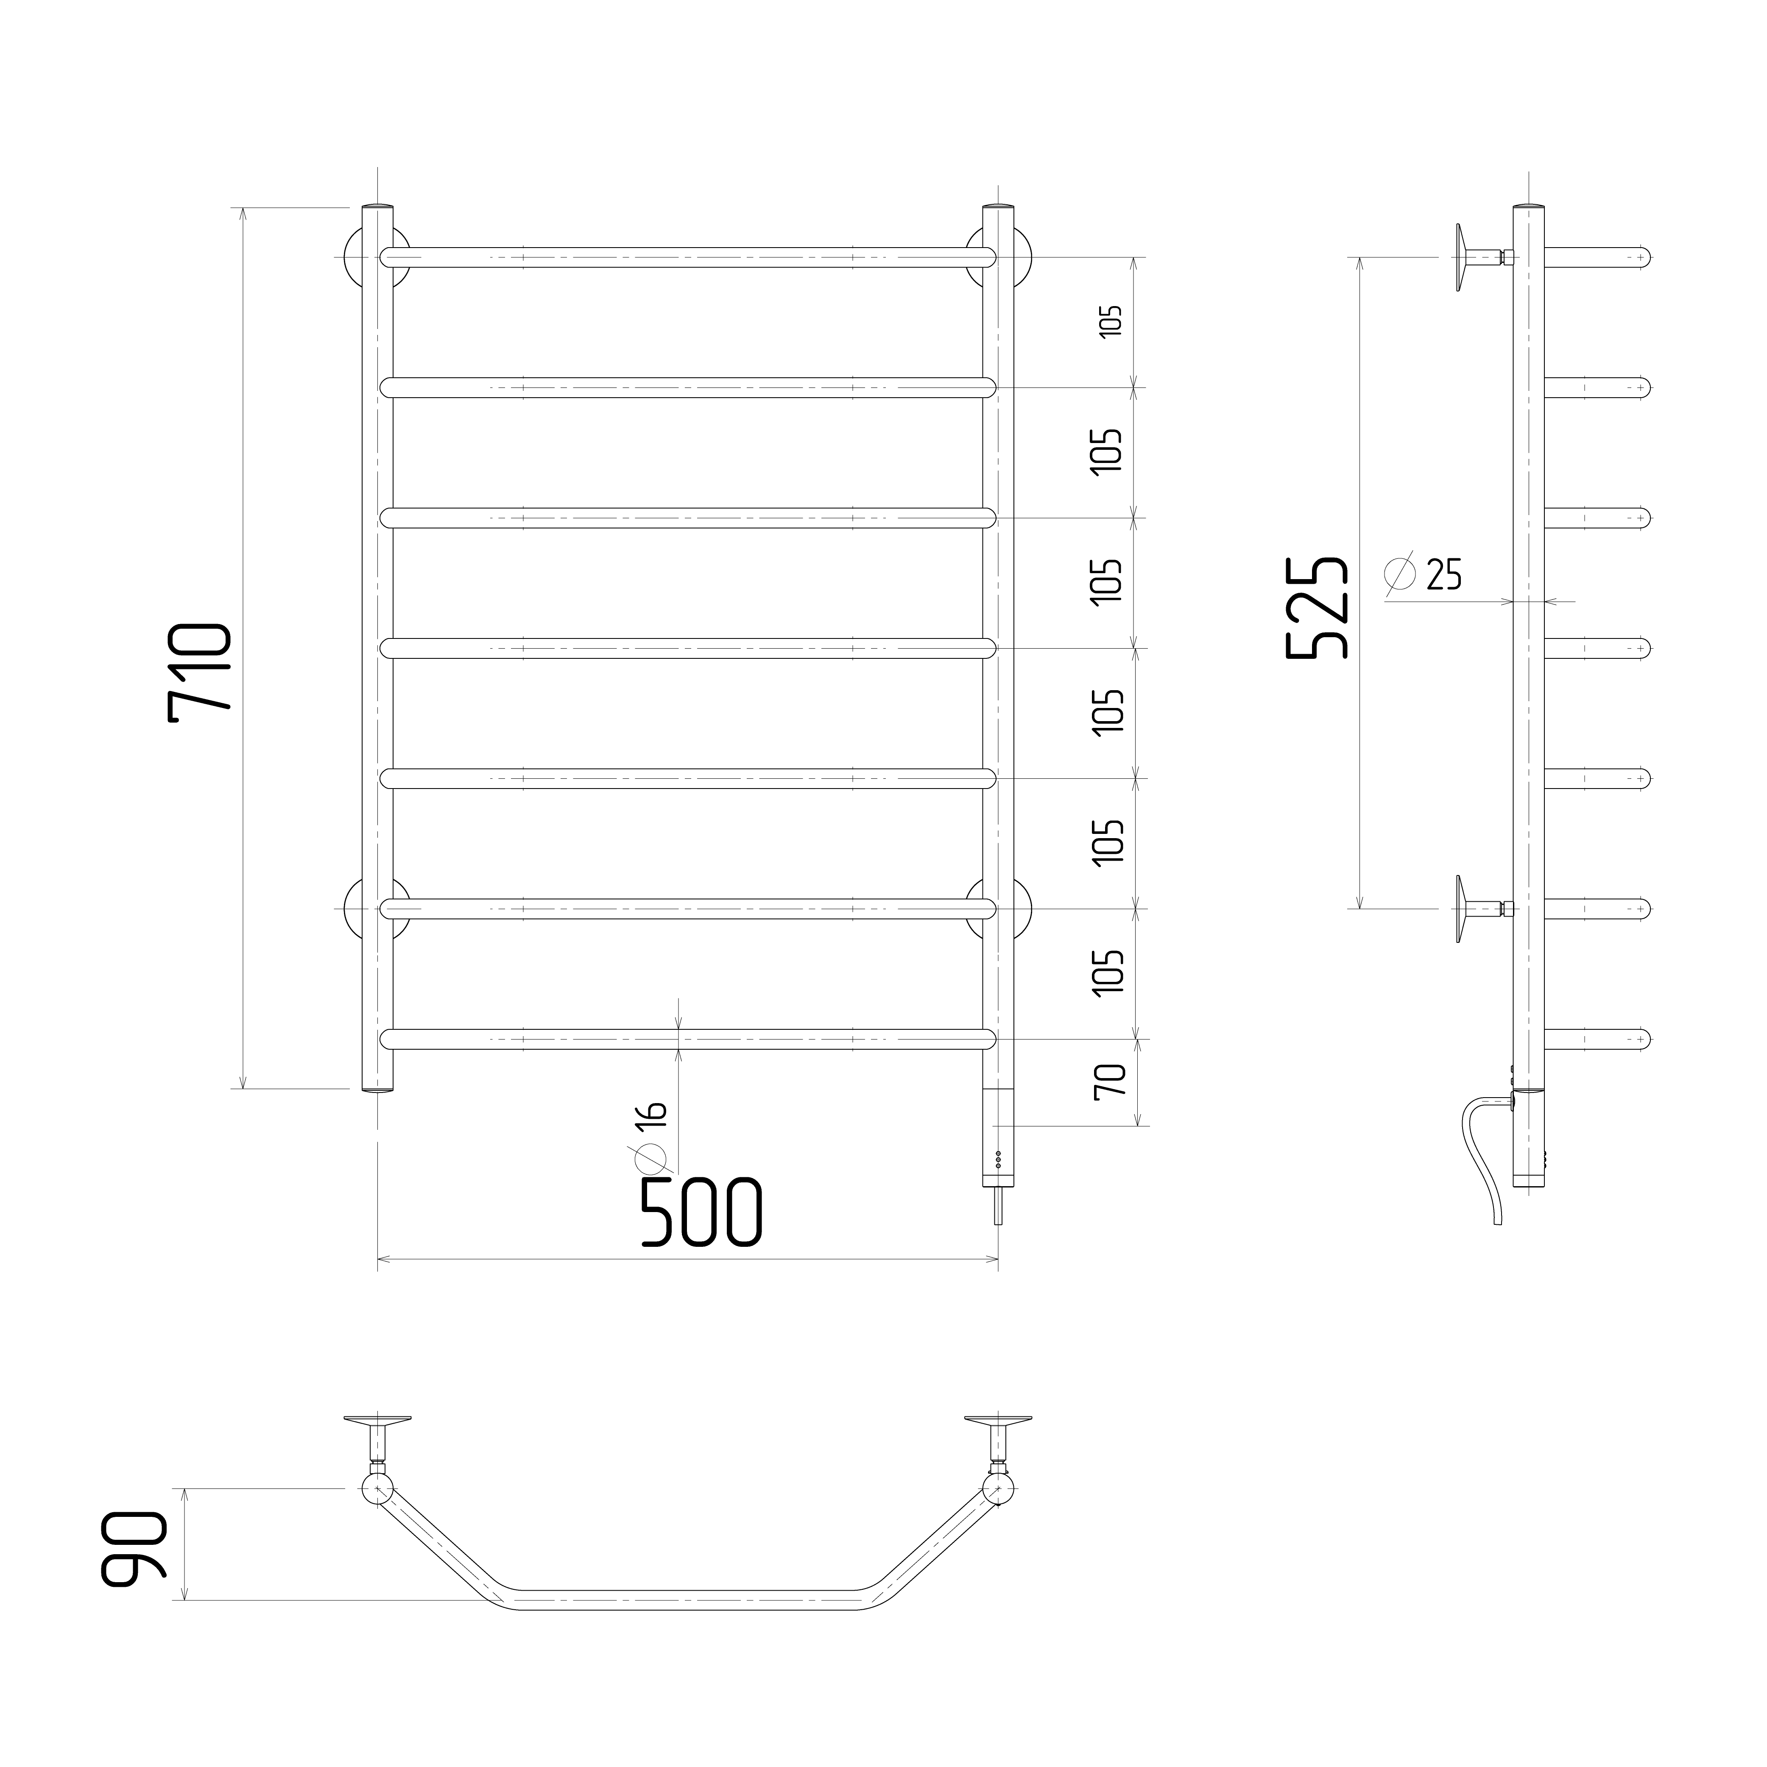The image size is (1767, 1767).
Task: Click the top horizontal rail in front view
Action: tap(688, 257)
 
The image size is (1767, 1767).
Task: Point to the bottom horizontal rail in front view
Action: tap(688, 1039)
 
